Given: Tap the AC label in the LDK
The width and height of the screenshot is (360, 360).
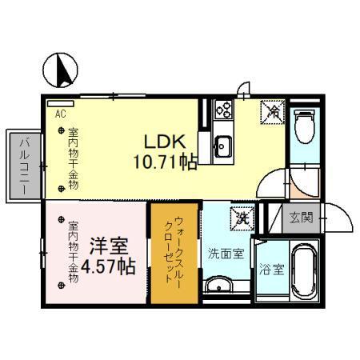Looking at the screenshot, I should click(60, 114).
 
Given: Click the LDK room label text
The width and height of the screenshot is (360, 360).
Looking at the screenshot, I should click(165, 141).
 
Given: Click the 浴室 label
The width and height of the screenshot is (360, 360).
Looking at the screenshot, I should click(271, 270).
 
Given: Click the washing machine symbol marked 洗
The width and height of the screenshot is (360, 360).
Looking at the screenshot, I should click(240, 216).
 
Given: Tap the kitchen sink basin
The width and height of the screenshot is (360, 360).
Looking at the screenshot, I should click(222, 146).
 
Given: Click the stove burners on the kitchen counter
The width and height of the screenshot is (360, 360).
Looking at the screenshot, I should click(222, 110).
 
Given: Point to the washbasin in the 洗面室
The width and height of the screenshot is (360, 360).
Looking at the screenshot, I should click(216, 286).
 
